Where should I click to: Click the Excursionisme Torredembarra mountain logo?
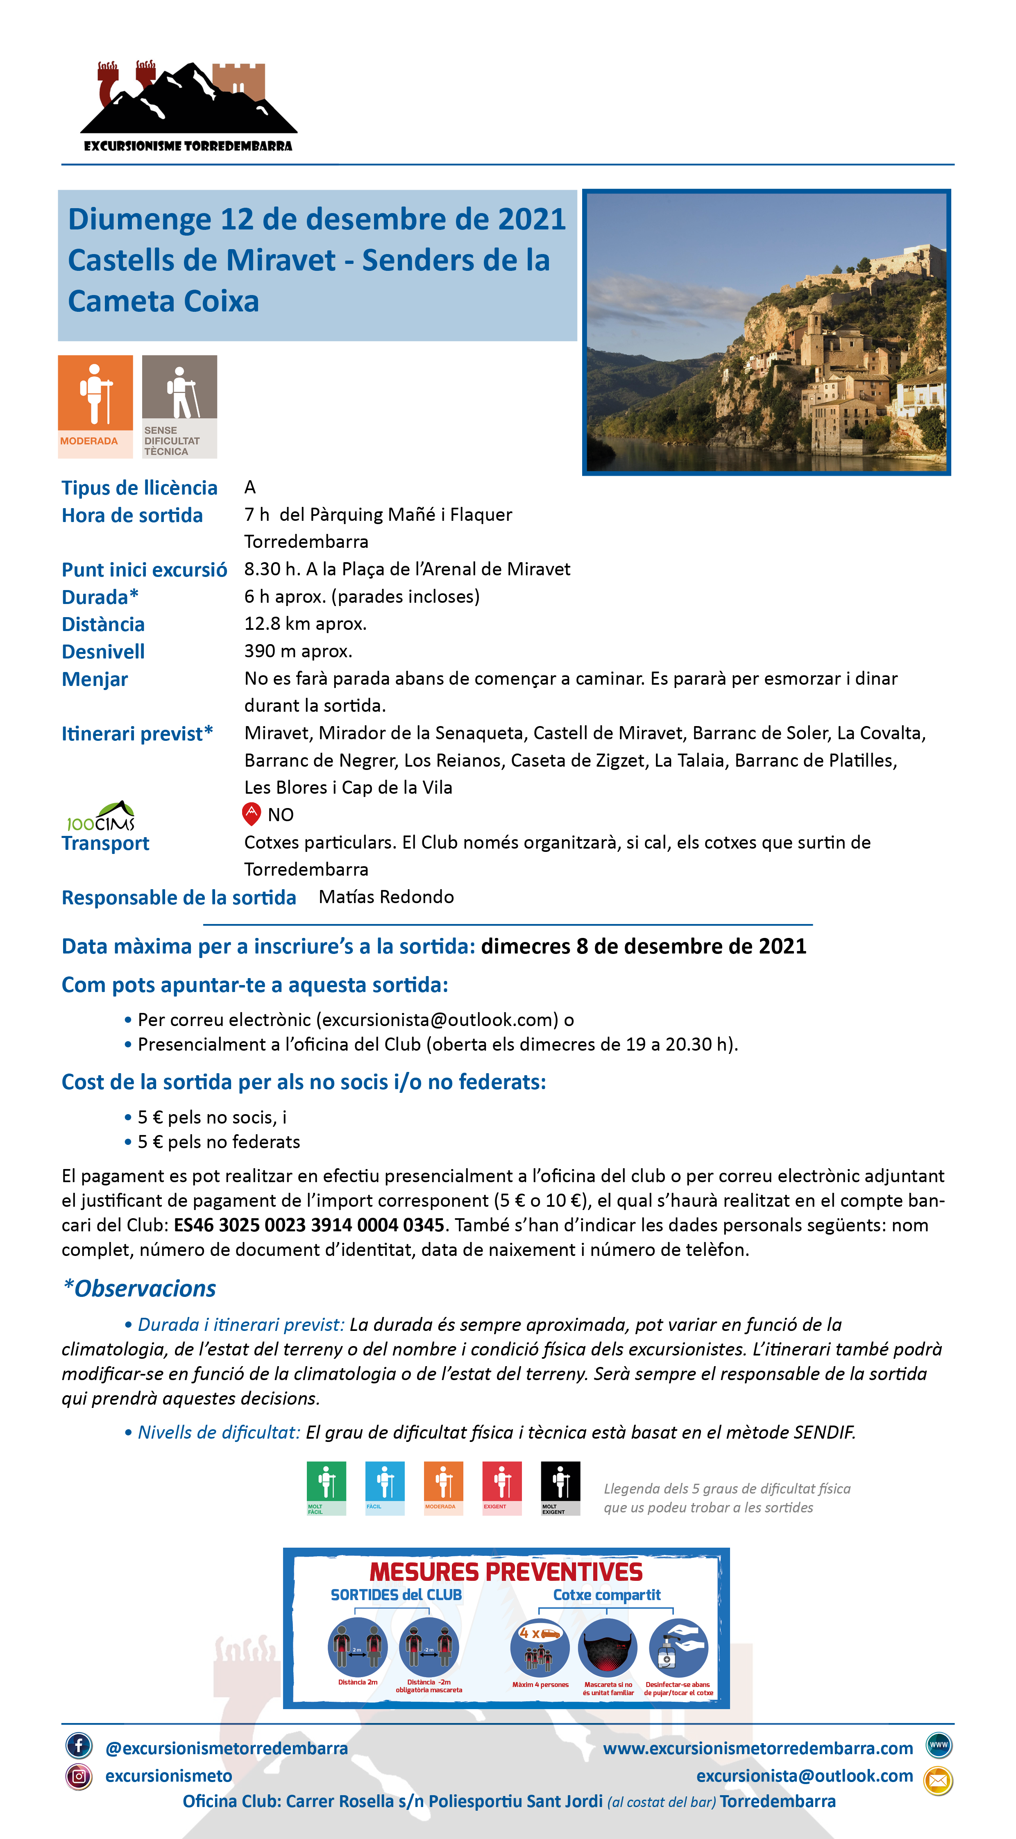pos(188,106)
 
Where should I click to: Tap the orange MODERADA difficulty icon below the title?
pos(95,406)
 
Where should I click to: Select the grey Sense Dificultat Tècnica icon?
pos(179,406)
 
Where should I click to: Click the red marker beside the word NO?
pos(251,813)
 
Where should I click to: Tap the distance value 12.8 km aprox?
pos(305,623)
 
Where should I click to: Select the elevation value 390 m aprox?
pos(298,650)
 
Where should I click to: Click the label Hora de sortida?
pos(132,515)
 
